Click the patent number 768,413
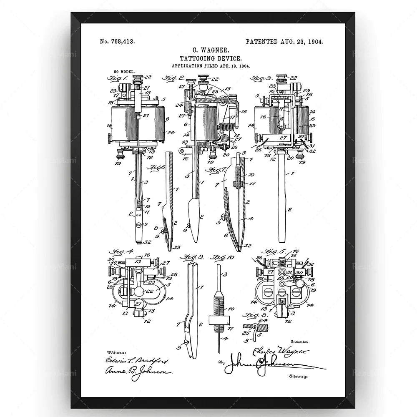[x=117, y=41]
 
